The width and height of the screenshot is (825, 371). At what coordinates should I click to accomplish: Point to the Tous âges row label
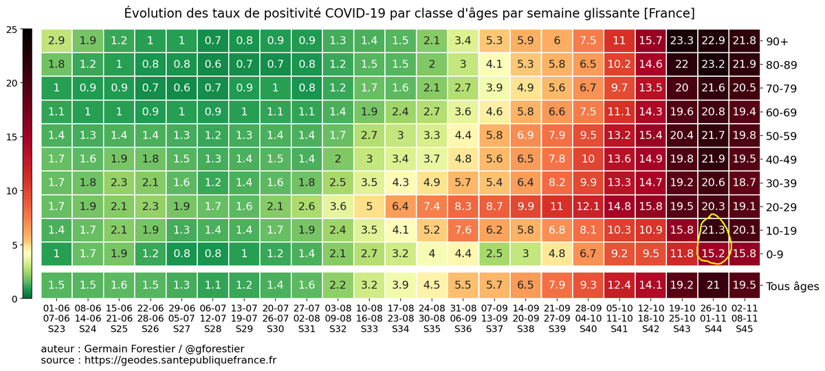click(793, 286)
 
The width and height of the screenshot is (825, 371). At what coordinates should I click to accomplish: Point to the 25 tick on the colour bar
click(11, 30)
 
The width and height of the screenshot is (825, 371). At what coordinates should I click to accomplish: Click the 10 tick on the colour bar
click(11, 191)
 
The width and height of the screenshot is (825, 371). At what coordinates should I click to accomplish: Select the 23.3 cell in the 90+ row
click(681, 41)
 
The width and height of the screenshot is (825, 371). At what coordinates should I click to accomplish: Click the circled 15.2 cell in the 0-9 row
click(713, 254)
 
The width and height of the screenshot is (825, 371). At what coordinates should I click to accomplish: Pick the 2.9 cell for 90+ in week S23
click(56, 41)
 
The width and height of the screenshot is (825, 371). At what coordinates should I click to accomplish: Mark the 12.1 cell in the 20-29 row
click(588, 206)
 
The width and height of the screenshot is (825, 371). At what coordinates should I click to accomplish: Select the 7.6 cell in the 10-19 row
click(463, 229)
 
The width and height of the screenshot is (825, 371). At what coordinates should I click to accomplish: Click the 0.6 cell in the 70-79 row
click(181, 88)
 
